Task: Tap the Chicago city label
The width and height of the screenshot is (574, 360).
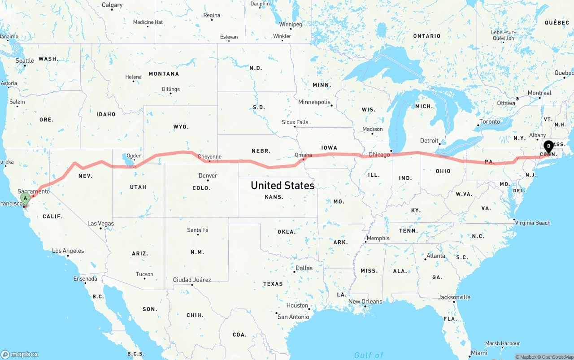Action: (x=379, y=155)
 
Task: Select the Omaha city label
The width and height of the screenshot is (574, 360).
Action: (x=303, y=155)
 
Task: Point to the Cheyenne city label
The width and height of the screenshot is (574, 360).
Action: (x=209, y=157)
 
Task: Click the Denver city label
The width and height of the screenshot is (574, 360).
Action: (x=208, y=175)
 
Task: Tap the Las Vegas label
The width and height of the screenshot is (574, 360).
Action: (x=100, y=223)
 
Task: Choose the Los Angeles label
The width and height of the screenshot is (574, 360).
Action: (x=68, y=251)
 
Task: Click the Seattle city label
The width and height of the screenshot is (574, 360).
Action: (x=25, y=61)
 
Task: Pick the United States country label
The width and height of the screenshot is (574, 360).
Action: (x=283, y=185)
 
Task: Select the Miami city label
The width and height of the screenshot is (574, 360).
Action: (x=479, y=353)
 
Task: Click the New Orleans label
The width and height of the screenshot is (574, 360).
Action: (x=365, y=301)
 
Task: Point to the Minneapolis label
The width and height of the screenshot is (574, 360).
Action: (x=314, y=102)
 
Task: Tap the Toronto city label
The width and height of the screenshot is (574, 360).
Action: (x=489, y=121)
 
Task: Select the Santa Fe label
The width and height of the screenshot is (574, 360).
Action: (x=197, y=230)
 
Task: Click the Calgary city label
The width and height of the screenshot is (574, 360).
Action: (x=112, y=5)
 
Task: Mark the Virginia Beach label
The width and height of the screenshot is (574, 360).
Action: (x=532, y=223)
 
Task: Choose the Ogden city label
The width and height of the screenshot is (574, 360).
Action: (x=134, y=156)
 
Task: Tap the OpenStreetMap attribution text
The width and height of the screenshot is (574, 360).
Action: (x=558, y=357)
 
